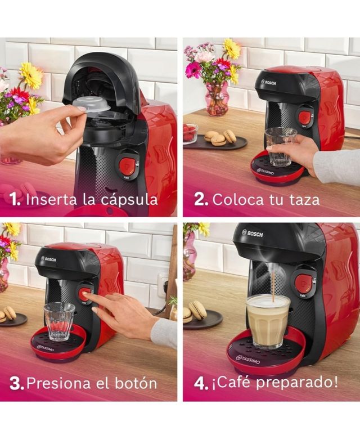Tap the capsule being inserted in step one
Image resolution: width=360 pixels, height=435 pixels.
[x=92, y=104]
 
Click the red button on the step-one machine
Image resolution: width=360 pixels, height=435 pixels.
[x=127, y=166]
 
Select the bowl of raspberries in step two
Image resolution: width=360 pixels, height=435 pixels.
[x=190, y=133]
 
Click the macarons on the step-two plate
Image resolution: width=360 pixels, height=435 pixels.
[x=220, y=137]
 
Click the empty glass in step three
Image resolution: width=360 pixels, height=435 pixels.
[x=59, y=321]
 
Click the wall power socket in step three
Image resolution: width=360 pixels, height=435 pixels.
[x=162, y=285]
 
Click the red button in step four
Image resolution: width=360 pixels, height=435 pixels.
[x=304, y=283]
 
